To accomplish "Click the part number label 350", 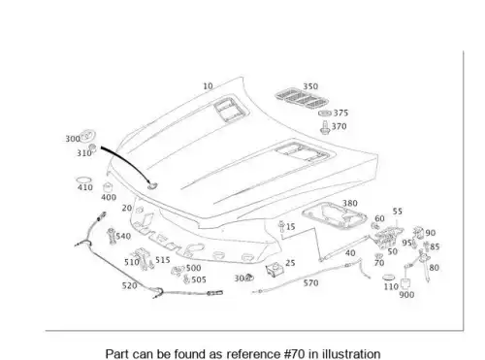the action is coord(310,86).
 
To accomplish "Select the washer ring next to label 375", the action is coord(325,114).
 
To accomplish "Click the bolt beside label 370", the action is coord(325,127).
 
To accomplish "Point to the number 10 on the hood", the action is coord(208,86).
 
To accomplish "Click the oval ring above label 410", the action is coord(83,180).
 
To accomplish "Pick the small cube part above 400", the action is coord(108,187).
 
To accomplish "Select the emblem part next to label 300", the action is coord(87,135).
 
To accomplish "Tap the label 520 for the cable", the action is coord(129,285).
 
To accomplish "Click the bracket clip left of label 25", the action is coord(275,270).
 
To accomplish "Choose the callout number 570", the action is coord(310,283).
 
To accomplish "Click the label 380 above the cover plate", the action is coord(350,203).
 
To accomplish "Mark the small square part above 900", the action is coord(405,284).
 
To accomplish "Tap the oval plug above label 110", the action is coord(388,278).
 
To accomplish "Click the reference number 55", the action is coord(398,212).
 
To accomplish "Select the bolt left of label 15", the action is coord(281,226).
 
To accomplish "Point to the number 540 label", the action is coord(123,236).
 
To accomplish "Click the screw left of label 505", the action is coord(186,279).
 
